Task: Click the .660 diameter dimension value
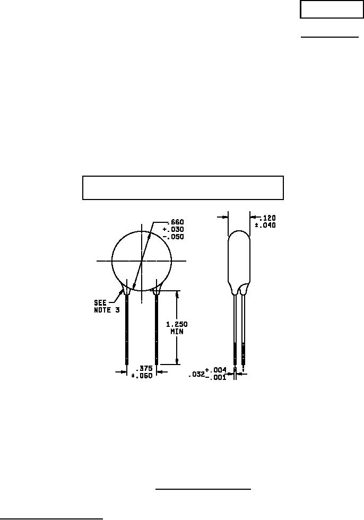(x=176, y=222)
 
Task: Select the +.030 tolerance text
(x=174, y=229)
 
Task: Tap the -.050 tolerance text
(x=174, y=237)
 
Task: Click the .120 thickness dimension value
(x=267, y=218)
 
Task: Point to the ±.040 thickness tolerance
(x=265, y=226)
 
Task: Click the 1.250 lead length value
(x=177, y=324)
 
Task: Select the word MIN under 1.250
(x=177, y=331)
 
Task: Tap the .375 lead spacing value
(x=144, y=368)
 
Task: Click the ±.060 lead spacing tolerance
(x=142, y=376)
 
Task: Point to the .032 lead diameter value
(x=196, y=375)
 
